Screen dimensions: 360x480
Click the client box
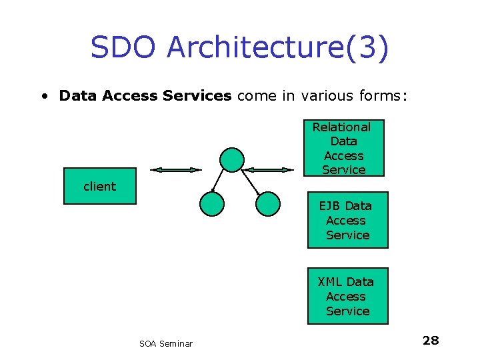[x=99, y=187]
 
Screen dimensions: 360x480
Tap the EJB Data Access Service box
[x=347, y=220]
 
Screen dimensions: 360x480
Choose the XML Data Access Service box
[x=347, y=296]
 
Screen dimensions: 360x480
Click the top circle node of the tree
[x=233, y=159]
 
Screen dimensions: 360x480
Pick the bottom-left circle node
[x=212, y=204]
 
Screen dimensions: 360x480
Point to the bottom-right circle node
[x=268, y=204]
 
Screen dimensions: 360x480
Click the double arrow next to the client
[x=175, y=170]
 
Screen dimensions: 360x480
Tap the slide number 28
[x=431, y=341]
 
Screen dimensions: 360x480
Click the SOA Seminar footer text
[x=166, y=343]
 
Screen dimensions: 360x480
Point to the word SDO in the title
[x=125, y=48]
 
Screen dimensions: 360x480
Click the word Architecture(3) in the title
[x=277, y=48]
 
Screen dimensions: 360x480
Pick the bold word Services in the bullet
[x=198, y=96]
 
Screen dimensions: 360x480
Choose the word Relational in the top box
[x=341, y=127]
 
